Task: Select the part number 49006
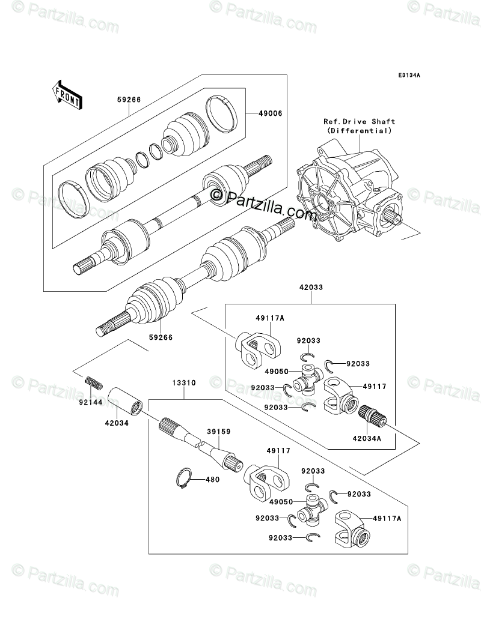coord(272,112)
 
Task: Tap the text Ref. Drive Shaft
coord(358,122)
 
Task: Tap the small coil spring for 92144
coord(94,381)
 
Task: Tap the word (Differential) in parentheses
coord(358,130)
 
